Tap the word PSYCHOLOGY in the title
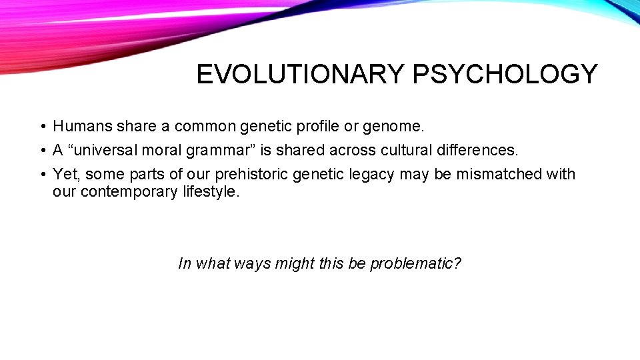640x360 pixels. (x=505, y=75)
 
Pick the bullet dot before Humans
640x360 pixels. (x=41, y=127)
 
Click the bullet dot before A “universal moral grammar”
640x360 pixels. (x=41, y=151)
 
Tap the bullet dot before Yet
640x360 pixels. (x=41, y=175)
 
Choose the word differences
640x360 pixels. (x=474, y=150)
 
